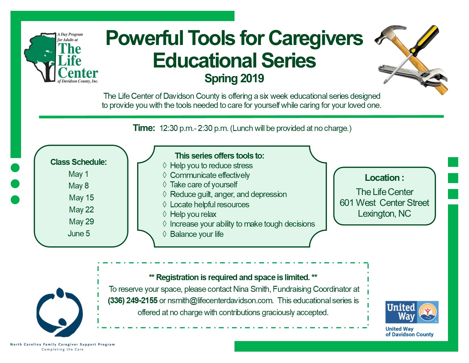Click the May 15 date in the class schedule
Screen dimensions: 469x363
point(81,198)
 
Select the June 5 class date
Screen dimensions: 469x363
point(79,233)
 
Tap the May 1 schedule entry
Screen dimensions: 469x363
point(78,174)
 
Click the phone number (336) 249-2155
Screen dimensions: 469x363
point(133,301)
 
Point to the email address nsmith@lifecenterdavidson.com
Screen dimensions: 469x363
point(220,301)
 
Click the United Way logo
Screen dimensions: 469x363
point(412,312)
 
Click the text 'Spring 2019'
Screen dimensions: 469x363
point(234,78)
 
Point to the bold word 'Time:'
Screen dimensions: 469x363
point(144,128)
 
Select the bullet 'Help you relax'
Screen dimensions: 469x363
point(193,214)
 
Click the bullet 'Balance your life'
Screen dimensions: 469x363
point(197,234)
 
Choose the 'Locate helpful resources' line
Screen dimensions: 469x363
point(209,204)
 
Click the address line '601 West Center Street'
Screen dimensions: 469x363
point(384,203)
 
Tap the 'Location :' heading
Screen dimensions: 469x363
point(384,178)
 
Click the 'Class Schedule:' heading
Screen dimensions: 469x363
point(78,162)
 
